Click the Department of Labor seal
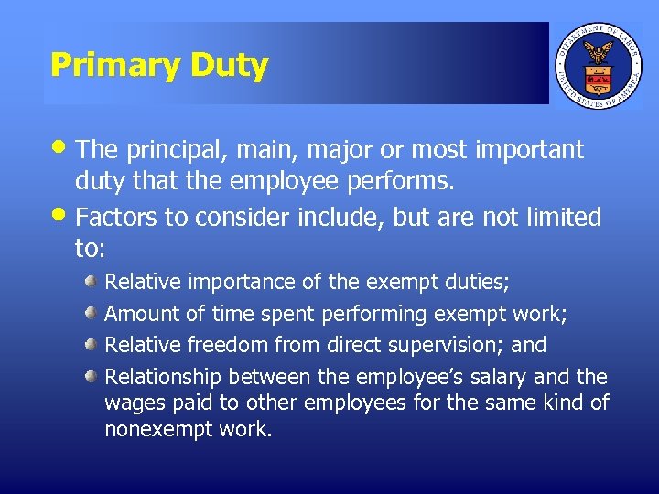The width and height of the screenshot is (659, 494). tap(600, 64)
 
